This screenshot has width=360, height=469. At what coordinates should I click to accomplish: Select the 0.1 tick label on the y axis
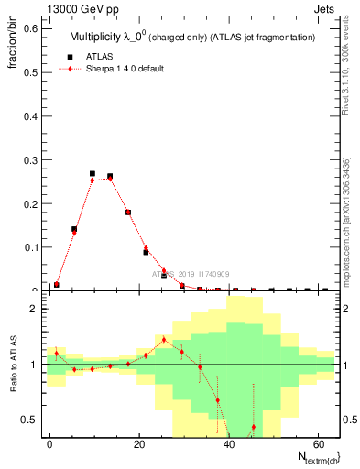30,247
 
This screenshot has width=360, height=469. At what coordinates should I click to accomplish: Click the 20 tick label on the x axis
138,442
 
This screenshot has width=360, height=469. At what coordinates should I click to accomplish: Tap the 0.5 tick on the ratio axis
30,420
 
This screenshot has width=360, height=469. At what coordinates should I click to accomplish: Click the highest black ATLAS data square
93,173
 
